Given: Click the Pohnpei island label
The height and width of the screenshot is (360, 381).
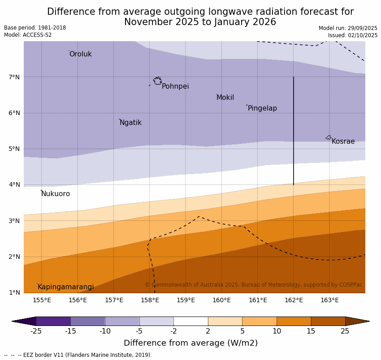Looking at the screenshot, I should [175, 86].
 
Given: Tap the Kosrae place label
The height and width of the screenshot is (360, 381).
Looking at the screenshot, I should [343, 141].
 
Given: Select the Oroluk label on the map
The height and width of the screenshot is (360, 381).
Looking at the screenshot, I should [80, 54].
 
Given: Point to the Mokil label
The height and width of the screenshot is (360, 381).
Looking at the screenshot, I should [225, 98].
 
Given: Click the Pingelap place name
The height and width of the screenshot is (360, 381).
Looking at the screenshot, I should [262, 108].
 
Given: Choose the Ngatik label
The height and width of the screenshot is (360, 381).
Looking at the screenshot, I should [130, 123].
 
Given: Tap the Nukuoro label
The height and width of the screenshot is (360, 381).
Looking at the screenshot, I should [56, 194].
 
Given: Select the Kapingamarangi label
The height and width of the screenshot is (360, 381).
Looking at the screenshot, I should [65, 287].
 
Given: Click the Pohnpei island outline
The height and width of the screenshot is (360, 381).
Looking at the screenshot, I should [157, 81].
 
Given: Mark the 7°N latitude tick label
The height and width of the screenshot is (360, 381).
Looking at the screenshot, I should [14, 77].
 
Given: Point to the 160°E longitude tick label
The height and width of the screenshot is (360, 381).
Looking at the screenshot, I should [221, 300].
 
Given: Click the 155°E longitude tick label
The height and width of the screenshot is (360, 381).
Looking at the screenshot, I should [42, 300].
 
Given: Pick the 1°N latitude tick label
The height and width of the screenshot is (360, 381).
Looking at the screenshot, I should [14, 292].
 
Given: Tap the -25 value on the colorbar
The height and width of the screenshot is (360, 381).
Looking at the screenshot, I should [36, 331].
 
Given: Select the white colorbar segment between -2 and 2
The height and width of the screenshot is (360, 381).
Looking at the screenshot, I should [190, 321].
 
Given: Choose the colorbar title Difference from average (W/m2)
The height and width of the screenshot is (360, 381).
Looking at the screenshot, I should [190, 343].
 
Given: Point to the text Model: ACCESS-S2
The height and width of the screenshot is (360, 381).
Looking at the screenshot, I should [28, 35].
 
